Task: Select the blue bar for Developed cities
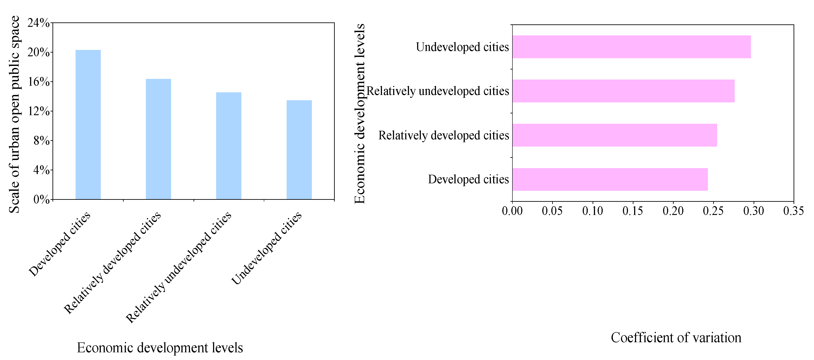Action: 88,125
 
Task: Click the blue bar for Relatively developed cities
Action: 158,139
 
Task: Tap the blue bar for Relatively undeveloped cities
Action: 228,146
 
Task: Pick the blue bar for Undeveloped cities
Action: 299,150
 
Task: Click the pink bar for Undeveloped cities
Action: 631,47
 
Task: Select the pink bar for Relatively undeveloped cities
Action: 623,91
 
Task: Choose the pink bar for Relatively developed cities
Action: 615,135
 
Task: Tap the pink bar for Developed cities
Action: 610,179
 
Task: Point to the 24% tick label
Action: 39,23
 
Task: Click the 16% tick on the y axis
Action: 39,82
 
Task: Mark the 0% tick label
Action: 41,199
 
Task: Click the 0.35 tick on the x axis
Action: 793,211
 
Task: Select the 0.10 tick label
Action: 592,211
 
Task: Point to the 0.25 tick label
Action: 713,211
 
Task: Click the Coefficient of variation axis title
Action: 676,338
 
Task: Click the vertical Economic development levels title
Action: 360,114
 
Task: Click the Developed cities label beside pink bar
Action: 468,179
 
